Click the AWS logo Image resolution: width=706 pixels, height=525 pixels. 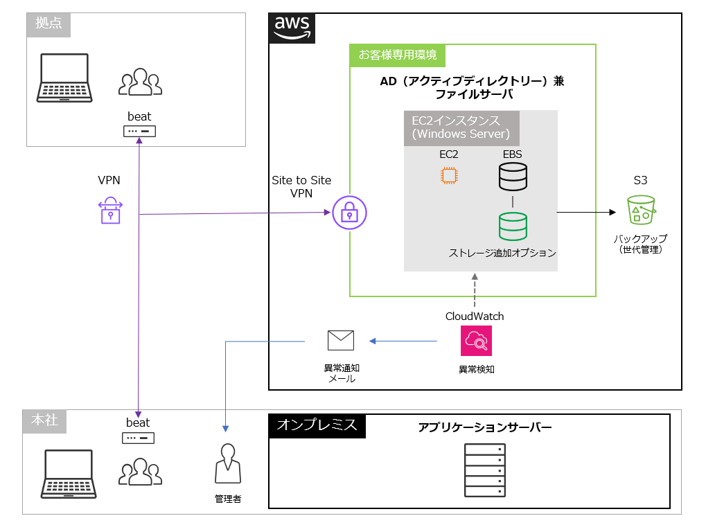click(292, 27)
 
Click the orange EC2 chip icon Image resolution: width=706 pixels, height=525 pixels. click(449, 175)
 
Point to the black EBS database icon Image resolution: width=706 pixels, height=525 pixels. click(513, 177)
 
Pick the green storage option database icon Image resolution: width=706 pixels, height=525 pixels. click(513, 226)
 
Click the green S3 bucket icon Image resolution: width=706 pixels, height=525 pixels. click(641, 209)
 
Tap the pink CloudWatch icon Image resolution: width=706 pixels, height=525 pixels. click(476, 341)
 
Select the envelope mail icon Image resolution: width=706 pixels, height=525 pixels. click(341, 340)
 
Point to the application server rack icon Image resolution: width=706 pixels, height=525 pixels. click(484, 470)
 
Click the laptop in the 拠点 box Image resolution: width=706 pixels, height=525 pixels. click(64, 78)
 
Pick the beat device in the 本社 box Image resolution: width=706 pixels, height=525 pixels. click(139, 438)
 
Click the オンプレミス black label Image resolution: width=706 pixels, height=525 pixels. click(317, 425)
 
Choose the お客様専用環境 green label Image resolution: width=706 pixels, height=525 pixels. click(397, 55)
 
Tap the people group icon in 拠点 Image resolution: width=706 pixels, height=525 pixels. click(140, 82)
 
